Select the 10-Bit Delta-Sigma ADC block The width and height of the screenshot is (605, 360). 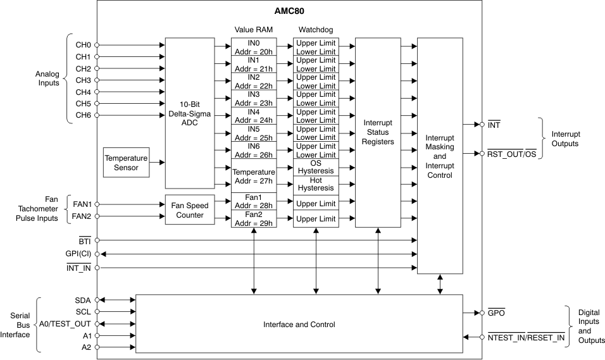pyautogui.click(x=189, y=113)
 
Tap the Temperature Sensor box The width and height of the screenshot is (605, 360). pyautogui.click(x=126, y=163)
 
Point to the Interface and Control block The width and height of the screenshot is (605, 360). pyautogui.click(x=299, y=324)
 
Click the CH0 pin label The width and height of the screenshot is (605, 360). pyautogui.click(x=83, y=45)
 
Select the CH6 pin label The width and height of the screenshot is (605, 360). pyautogui.click(x=83, y=115)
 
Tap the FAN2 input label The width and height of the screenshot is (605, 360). pyautogui.click(x=81, y=216)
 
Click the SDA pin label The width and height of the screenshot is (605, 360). pyautogui.click(x=83, y=300)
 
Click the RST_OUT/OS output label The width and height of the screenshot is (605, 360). pyautogui.click(x=511, y=153)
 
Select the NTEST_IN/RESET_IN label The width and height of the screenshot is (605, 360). pyautogui.click(x=525, y=338)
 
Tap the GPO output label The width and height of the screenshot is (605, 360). pyautogui.click(x=496, y=313)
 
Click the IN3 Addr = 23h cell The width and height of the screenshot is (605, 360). pyautogui.click(x=254, y=99)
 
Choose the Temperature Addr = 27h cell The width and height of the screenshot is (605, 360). pyautogui.click(x=254, y=176)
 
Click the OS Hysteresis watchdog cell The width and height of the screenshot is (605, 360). pyautogui.click(x=315, y=167)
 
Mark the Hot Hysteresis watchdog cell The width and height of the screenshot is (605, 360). pyautogui.click(x=315, y=184)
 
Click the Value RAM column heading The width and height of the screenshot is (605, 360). pyautogui.click(x=254, y=29)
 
